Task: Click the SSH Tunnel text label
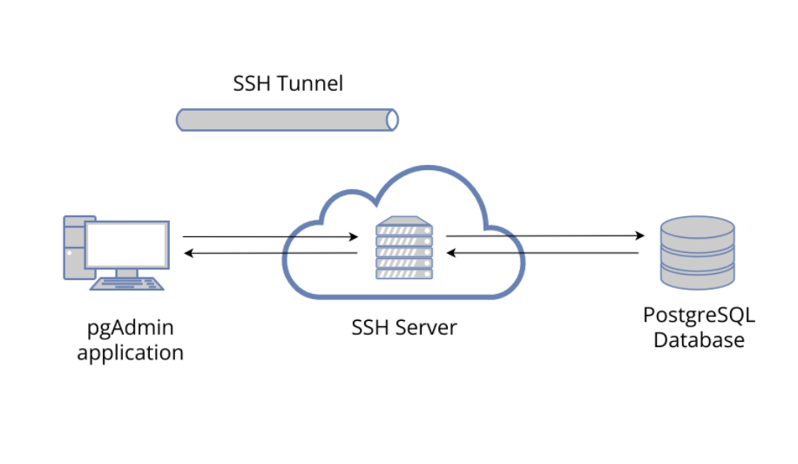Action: tap(287, 84)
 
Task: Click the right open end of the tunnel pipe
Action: tap(392, 119)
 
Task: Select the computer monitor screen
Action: tap(126, 244)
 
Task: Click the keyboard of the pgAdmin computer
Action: tap(128, 283)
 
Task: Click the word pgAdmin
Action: tap(130, 329)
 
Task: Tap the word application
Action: tap(130, 353)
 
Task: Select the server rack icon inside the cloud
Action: tap(403, 250)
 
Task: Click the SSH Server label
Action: tap(403, 328)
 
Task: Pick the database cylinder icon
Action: tap(697, 253)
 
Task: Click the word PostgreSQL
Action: tap(699, 315)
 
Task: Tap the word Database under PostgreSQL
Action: tap(699, 339)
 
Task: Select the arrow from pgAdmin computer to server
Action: tap(270, 236)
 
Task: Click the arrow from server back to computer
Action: tap(270, 253)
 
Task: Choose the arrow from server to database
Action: tap(544, 235)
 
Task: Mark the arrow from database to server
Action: tap(544, 253)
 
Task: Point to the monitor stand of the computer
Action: tap(127, 273)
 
